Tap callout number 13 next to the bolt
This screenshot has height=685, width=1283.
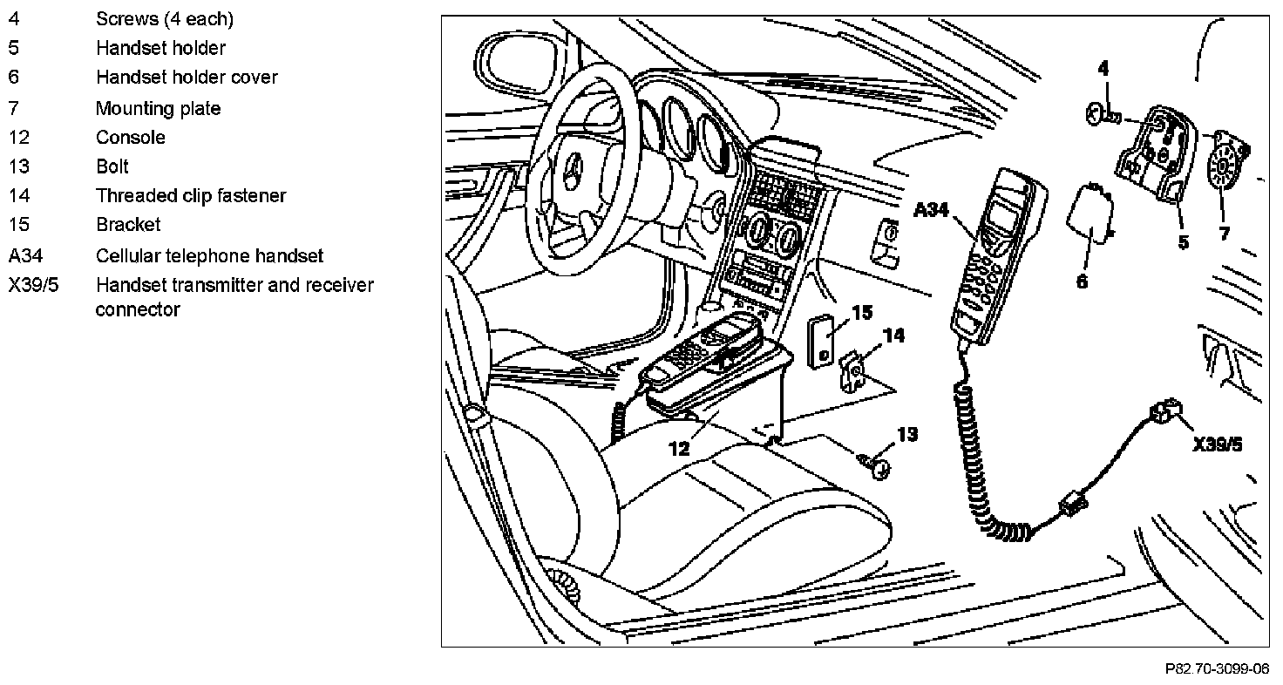tap(907, 434)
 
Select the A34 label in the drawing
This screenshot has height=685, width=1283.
tap(932, 210)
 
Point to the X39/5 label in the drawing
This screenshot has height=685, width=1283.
tap(1218, 445)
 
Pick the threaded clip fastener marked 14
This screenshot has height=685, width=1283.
tap(852, 371)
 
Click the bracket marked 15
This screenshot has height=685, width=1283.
tap(821, 342)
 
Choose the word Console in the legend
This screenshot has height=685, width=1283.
tap(131, 138)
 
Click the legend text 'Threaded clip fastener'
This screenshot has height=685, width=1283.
tap(191, 196)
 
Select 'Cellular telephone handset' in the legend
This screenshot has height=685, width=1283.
tap(209, 256)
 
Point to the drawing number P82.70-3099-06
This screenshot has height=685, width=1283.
tap(1217, 669)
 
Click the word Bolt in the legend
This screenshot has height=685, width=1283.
tap(112, 166)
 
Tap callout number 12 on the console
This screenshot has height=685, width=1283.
tap(679, 448)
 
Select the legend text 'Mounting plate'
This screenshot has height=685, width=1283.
tap(158, 109)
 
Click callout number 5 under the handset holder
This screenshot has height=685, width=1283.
tap(1183, 241)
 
